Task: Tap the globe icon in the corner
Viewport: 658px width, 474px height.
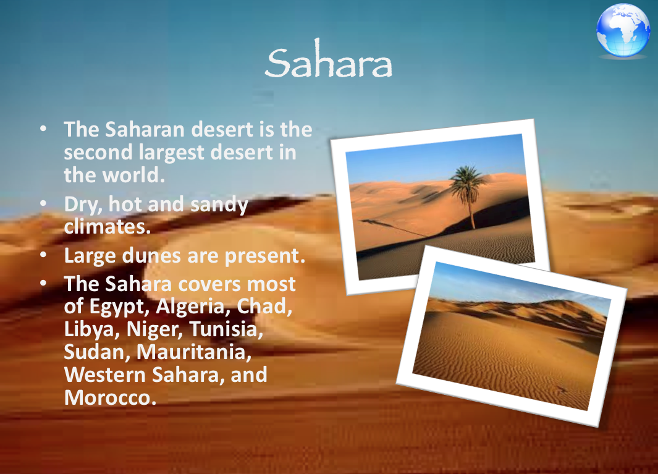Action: pyautogui.click(x=623, y=31)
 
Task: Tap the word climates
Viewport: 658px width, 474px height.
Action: pyautogui.click(x=107, y=226)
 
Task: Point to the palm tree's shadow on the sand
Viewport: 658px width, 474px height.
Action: pyautogui.click(x=395, y=227)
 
